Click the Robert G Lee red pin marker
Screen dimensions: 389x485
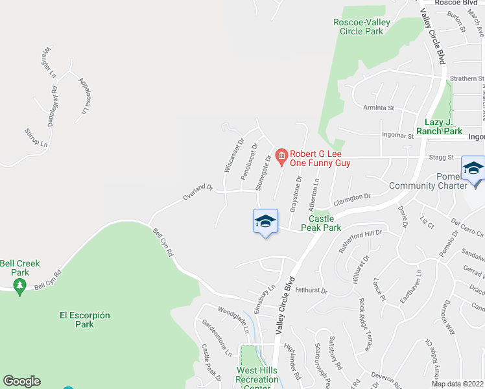(x=281, y=156)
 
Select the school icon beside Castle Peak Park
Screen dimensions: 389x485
(x=265, y=222)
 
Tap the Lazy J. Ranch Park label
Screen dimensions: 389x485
(x=444, y=126)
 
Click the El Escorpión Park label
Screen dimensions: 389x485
(x=85, y=320)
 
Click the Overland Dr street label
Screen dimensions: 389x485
(x=198, y=192)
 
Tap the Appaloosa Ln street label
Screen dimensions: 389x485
(x=84, y=95)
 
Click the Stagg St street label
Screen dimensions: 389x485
(x=441, y=157)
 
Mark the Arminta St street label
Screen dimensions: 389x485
(x=379, y=109)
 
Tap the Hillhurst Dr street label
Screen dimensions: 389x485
(x=312, y=291)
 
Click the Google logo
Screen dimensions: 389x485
(x=21, y=381)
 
